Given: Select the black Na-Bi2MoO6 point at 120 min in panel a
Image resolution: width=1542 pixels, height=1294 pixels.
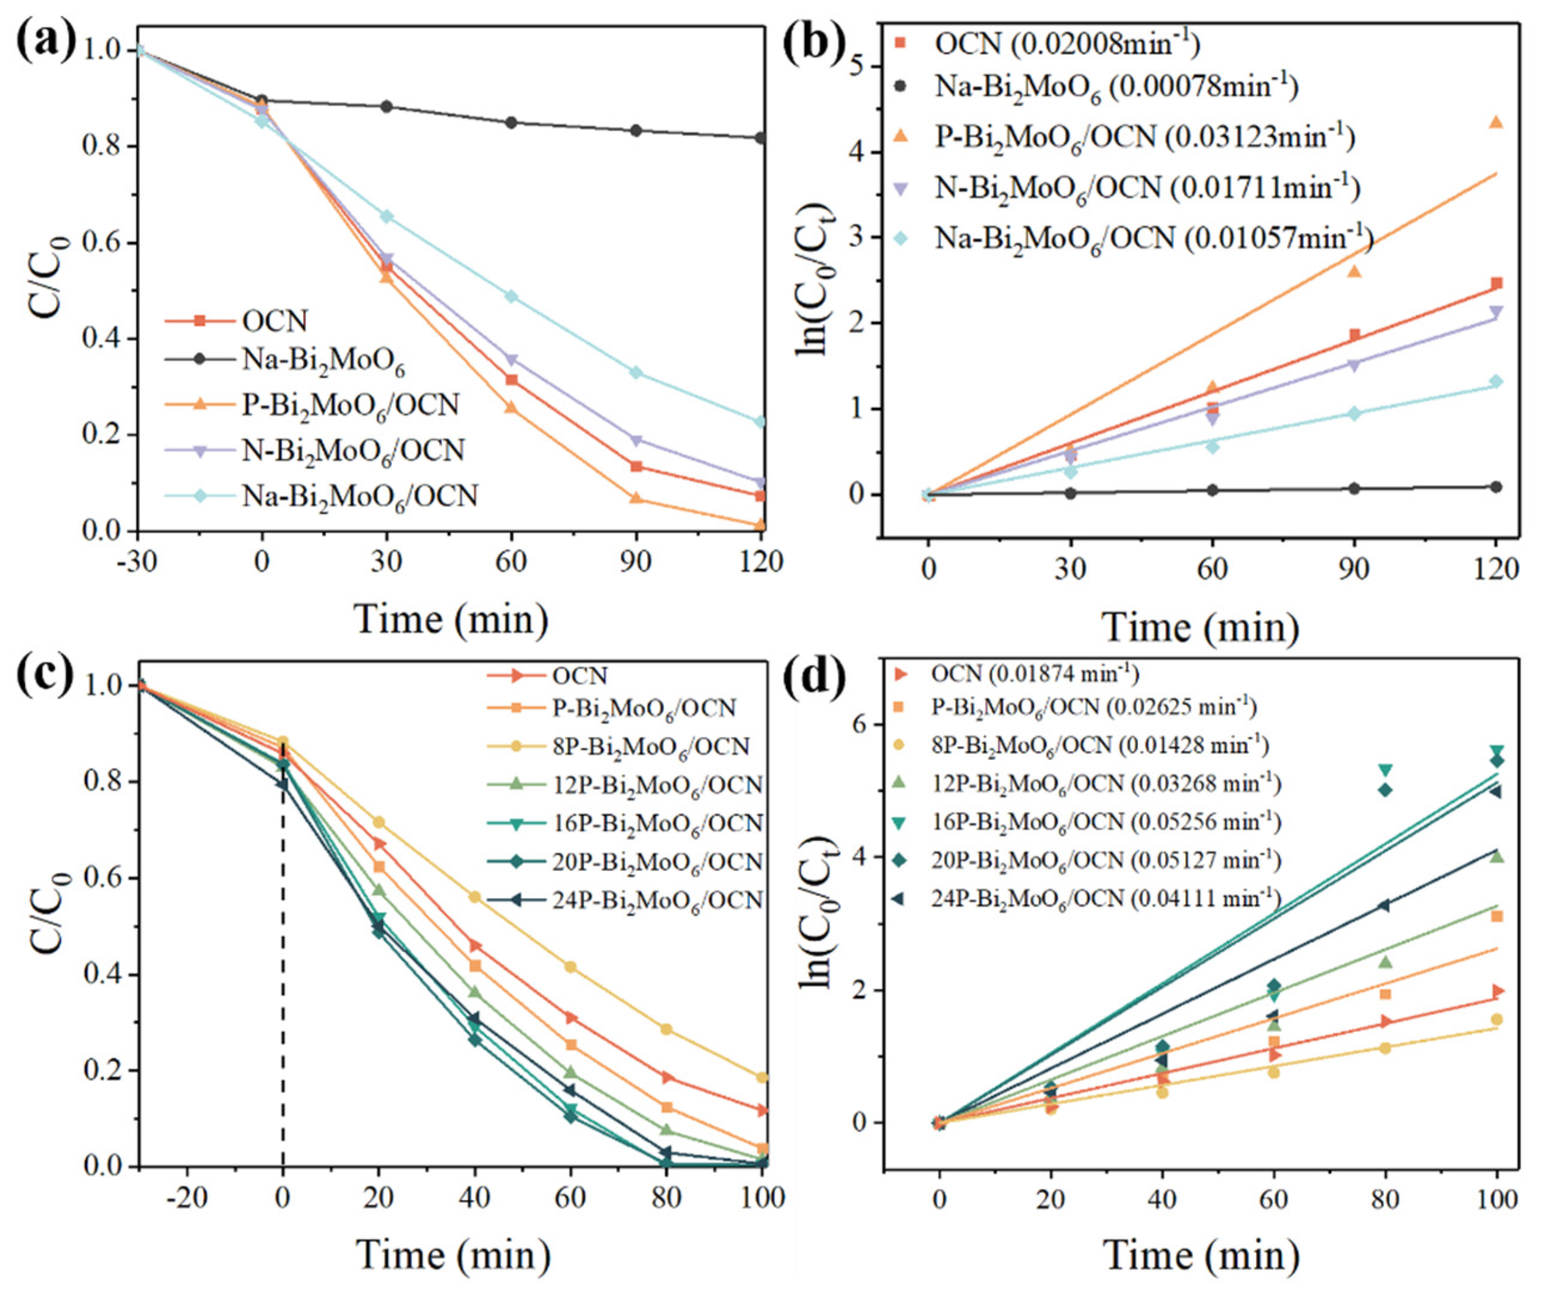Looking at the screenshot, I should click(x=761, y=138).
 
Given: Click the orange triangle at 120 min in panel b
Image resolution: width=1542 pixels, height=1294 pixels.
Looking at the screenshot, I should click(x=1495, y=122).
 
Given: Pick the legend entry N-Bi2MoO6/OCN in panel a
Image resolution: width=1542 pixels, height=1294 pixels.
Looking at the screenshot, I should click(x=353, y=450).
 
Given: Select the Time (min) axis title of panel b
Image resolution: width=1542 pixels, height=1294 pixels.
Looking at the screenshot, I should click(x=1201, y=628).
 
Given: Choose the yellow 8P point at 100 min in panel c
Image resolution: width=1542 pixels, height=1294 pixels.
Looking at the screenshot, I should click(x=762, y=1078).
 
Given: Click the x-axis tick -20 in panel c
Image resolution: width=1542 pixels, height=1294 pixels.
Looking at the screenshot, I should click(x=187, y=1198).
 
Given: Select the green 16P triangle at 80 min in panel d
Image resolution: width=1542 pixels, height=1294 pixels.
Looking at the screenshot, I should click(x=1385, y=771).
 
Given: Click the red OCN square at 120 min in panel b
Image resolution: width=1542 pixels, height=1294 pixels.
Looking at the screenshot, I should click(x=1495, y=283).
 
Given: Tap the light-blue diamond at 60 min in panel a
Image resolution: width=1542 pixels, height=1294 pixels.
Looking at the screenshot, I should click(x=511, y=297).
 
